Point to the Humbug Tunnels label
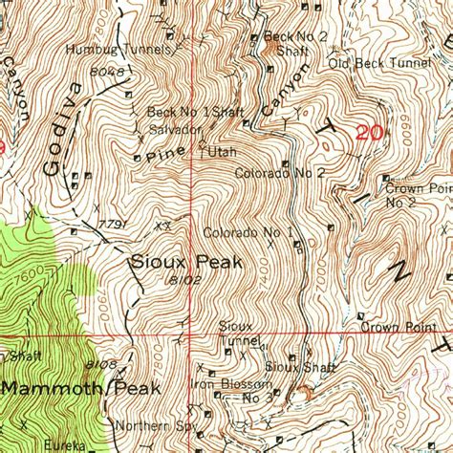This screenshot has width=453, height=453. click(x=119, y=48)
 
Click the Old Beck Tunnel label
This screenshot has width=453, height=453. click(x=379, y=63)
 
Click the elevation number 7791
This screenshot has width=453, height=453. click(x=113, y=225)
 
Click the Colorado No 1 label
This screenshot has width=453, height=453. click(x=247, y=232)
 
